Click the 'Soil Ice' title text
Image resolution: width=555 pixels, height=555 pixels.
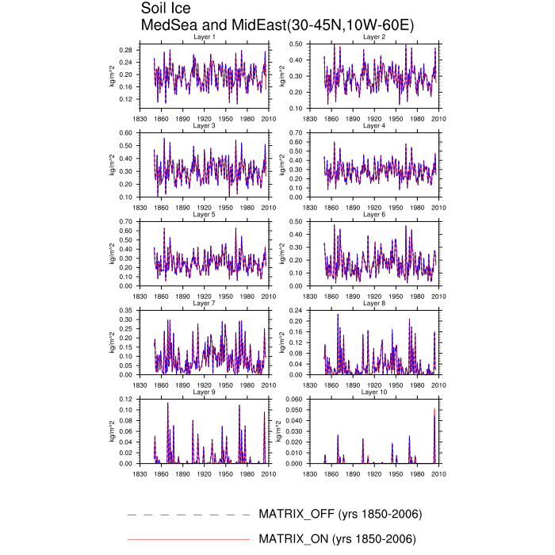click(166, 9)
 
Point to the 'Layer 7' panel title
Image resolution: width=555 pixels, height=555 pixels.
click(204, 303)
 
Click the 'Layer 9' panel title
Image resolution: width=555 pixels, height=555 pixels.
click(204, 392)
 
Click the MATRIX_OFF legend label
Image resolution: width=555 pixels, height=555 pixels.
click(340, 514)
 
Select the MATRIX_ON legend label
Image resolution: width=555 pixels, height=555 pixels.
click(338, 539)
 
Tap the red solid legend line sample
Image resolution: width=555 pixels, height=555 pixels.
click(188, 539)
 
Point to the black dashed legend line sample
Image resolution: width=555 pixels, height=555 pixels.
click(188, 515)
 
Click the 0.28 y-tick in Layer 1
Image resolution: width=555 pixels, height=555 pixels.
click(125, 50)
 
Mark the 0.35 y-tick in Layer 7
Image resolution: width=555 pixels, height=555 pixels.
click(125, 310)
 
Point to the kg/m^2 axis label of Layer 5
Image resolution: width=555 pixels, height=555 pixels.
click(112, 253)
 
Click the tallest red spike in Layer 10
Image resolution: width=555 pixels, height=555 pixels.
click(434, 409)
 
